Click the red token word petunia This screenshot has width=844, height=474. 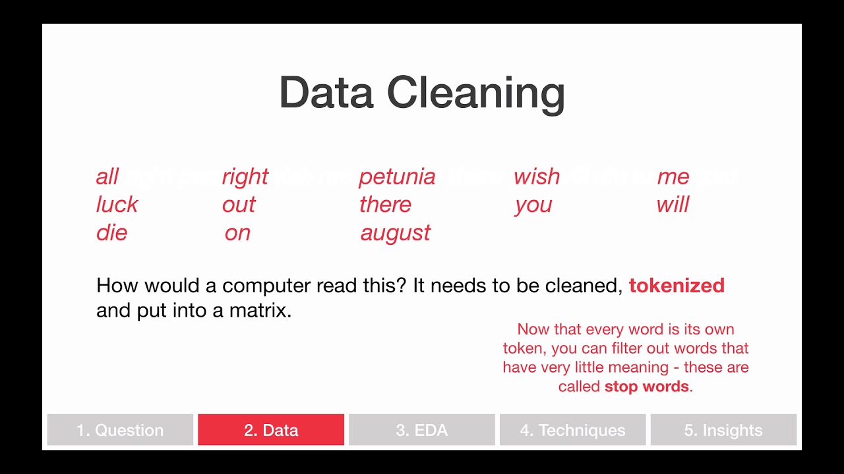pos(397,177)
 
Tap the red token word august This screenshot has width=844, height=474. pos(396,233)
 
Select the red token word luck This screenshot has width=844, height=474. pos(117,205)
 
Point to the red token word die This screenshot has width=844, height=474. pos(111,233)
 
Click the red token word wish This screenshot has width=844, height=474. pos(537,176)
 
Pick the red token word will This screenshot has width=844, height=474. pos(673,205)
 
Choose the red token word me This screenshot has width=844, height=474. pos(673,177)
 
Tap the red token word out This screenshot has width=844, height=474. pos(239,205)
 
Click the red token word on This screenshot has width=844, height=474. pos(237,233)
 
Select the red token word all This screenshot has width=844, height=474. pos(107,176)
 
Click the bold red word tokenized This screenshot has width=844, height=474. pos(677,286)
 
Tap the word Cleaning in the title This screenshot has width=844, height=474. pos(475,93)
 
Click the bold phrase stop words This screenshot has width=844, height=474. pos(646,386)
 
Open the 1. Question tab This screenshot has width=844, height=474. pos(120,430)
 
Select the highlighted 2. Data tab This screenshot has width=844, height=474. pos(271,430)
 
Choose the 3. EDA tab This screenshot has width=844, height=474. pos(422,430)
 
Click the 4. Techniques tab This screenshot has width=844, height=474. pos(572,430)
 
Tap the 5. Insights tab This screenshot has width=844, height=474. pos(723,430)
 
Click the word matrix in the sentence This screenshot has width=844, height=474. pos(260,311)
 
